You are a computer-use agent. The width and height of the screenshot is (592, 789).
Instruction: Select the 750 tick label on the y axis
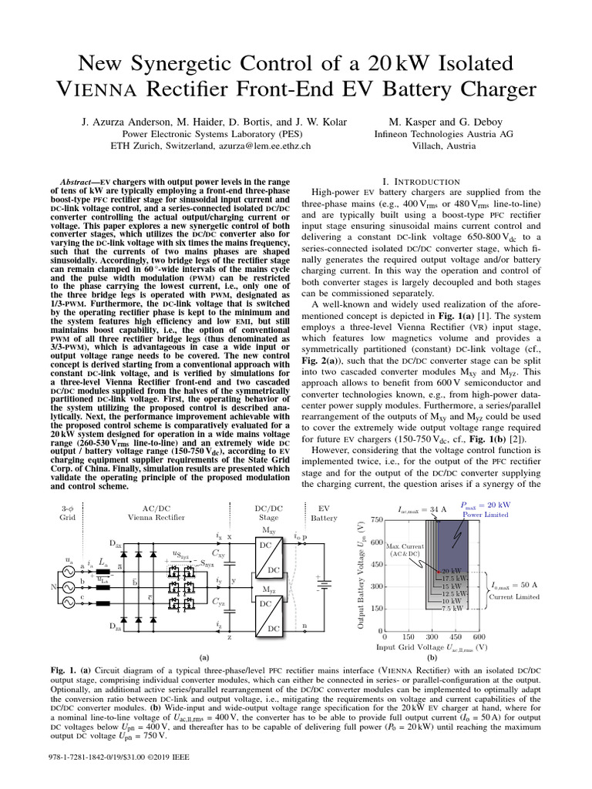(375, 520)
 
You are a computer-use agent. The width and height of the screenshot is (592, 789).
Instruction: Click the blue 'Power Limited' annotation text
(486, 514)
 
